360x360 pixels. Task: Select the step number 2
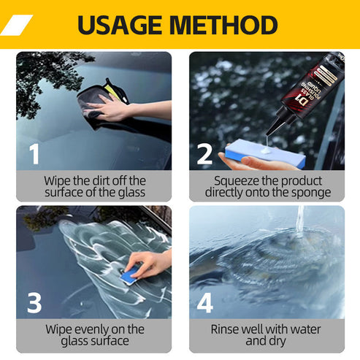205,153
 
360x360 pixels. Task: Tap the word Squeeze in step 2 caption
236,180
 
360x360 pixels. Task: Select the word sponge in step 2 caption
312,193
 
